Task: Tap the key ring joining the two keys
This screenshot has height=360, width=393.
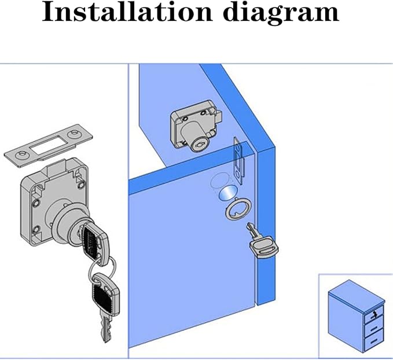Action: (x=102, y=267)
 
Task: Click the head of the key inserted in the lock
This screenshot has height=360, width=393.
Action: (x=93, y=237)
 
